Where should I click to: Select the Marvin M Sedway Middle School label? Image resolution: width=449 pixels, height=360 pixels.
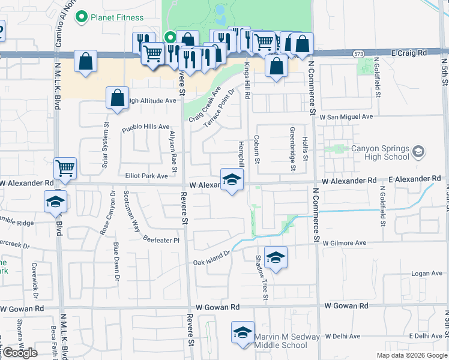click(287, 341)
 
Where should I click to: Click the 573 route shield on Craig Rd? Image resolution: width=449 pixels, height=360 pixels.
click(358, 53)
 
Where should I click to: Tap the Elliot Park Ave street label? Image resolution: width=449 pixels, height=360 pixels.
click(146, 176)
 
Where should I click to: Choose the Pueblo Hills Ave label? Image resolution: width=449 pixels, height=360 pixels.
click(146, 127)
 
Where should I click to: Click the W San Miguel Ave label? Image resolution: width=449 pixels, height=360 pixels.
click(346, 116)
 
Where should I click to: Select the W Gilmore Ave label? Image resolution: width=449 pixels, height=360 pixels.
click(344, 243)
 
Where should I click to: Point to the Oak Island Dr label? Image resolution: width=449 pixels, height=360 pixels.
click(211, 258)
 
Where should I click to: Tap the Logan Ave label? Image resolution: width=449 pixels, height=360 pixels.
click(427, 274)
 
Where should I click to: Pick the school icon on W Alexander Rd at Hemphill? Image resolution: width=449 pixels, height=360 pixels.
click(232, 179)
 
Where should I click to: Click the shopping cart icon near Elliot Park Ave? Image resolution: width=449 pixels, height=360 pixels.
click(65, 169)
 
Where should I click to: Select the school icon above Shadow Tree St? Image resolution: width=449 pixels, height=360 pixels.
click(276, 257)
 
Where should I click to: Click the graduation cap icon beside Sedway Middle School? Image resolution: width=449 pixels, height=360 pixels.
click(242, 333)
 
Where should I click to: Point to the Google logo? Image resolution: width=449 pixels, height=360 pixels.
click(20, 353)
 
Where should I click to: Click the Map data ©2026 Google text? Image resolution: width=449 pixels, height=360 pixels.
click(411, 355)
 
